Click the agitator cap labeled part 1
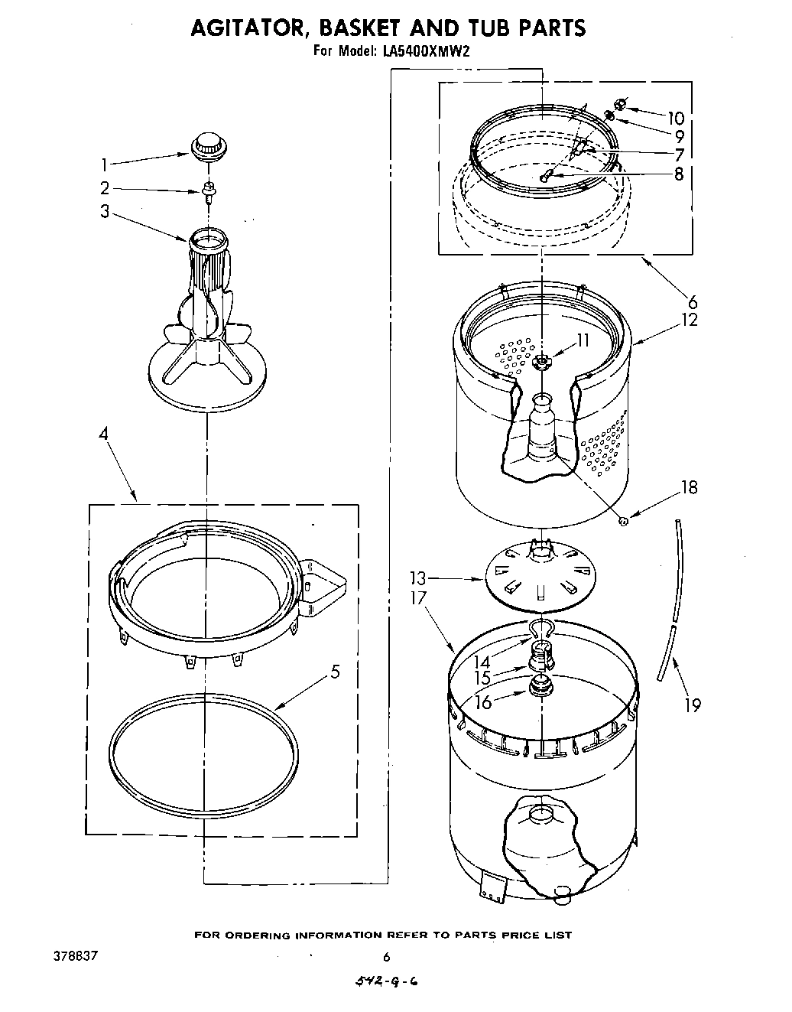click(x=206, y=145)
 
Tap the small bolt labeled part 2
click(x=206, y=189)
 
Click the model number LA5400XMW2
click(x=426, y=52)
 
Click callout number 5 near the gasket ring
click(x=334, y=672)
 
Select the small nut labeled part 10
click(x=621, y=104)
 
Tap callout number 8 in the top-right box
click(x=679, y=173)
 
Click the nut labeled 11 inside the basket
click(x=542, y=362)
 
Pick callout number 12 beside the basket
click(x=689, y=319)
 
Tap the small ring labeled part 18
click(x=624, y=522)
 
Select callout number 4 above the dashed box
click(x=103, y=434)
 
